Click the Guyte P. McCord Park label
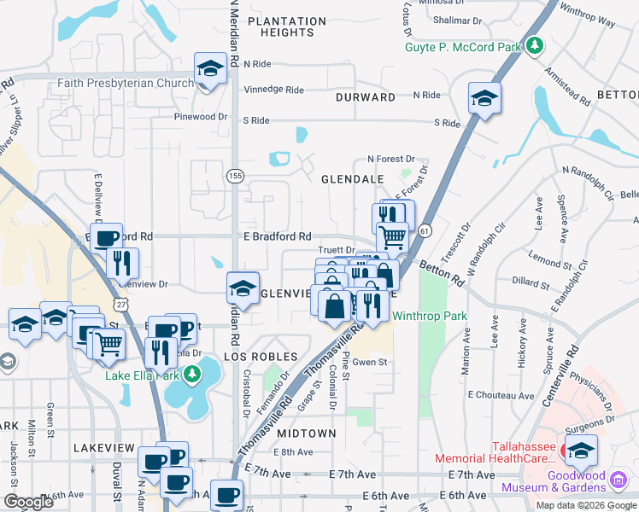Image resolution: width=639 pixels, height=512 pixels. (463, 48)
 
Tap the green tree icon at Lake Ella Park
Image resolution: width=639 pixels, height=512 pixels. (193, 375)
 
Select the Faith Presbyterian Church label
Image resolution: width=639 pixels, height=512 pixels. (126, 84)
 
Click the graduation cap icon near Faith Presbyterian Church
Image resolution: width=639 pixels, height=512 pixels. (209, 70)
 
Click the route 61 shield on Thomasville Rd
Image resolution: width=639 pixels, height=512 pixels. (424, 230)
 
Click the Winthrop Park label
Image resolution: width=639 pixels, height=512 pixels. (430, 316)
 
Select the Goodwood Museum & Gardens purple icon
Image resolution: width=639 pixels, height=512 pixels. (618, 481)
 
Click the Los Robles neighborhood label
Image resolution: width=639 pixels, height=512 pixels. (261, 356)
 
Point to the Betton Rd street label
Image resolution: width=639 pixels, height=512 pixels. (443, 272)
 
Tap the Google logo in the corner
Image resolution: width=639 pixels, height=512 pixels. (28, 502)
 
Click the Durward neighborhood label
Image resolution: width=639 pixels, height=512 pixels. (365, 97)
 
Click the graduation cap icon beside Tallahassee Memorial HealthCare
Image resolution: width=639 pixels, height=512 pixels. (581, 450)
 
